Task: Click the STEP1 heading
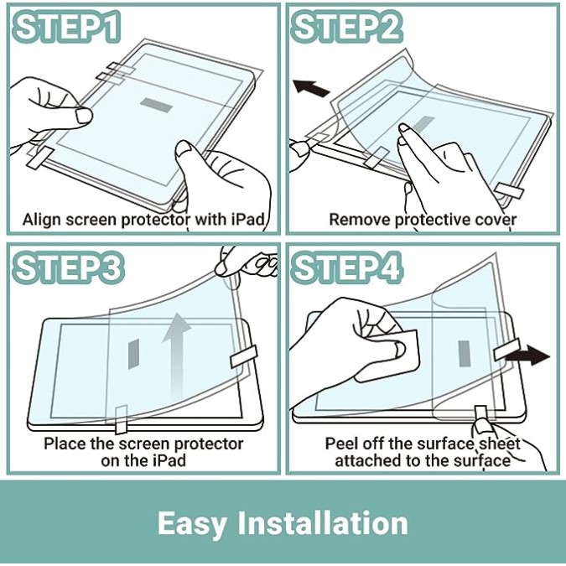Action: (66, 27)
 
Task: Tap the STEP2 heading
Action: (346, 27)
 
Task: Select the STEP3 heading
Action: (68, 267)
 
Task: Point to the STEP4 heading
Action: (346, 267)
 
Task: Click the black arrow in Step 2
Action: (310, 88)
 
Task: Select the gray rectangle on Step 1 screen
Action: (156, 105)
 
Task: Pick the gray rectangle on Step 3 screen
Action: (133, 354)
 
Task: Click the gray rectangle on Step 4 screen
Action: (465, 353)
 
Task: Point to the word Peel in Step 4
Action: (341, 444)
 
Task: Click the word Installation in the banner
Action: (324, 523)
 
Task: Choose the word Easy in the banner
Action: (192, 524)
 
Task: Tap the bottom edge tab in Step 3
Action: (121, 419)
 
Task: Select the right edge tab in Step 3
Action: (244, 356)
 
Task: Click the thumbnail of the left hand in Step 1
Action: (83, 116)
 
